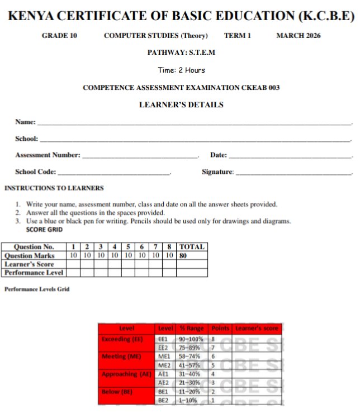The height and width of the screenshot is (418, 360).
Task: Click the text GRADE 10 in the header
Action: (x=59, y=36)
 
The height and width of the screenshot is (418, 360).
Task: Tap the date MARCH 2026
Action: (x=299, y=36)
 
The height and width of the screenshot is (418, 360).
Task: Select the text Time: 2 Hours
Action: (x=181, y=70)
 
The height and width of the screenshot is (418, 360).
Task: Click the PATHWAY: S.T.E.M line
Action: (x=181, y=53)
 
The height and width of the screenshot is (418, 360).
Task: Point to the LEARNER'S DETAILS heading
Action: (x=181, y=104)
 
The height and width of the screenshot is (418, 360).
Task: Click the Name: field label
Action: (x=26, y=122)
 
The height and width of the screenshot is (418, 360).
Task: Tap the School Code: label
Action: (x=36, y=172)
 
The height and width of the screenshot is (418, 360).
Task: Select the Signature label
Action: (x=217, y=172)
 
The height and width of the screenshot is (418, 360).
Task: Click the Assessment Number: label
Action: (x=48, y=155)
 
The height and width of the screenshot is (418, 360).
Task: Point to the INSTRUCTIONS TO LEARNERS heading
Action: (x=54, y=188)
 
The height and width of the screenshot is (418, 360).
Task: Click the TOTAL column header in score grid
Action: (x=192, y=246)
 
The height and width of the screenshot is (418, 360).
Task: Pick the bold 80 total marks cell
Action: (x=183, y=255)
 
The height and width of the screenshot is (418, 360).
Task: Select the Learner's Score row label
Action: (x=30, y=264)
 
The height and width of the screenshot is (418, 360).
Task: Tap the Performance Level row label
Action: (x=34, y=273)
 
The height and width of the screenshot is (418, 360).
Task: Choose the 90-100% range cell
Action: (x=191, y=339)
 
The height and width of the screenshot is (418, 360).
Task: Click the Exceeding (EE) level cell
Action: (x=122, y=339)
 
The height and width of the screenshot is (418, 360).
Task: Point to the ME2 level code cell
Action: (x=164, y=365)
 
